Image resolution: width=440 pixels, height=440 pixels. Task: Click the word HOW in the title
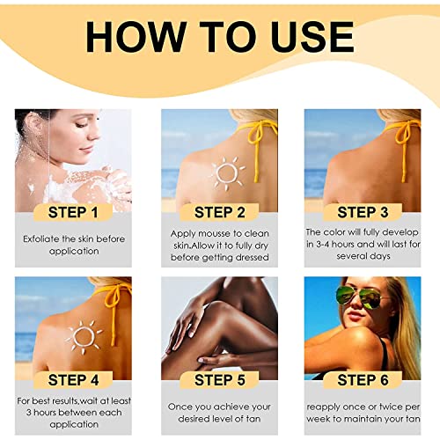tap(136, 37)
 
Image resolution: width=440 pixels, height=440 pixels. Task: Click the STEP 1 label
tap(73, 212)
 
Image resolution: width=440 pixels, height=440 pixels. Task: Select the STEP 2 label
tap(219, 212)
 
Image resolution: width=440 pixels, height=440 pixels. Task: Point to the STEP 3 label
tap(363, 212)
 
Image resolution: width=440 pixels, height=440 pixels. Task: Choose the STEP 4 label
tap(73, 380)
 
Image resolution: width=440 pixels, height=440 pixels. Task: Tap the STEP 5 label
tap(220, 380)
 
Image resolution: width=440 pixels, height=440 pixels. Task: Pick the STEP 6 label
tap(363, 380)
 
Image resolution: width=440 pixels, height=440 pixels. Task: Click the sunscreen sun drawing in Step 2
tap(227, 173)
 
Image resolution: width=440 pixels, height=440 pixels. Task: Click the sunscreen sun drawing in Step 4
tap(84, 337)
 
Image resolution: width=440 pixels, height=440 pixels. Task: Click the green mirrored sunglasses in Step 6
tap(361, 297)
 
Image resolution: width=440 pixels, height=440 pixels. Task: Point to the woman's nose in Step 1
tap(94, 134)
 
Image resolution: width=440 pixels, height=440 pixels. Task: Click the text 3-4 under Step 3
tap(322, 244)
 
